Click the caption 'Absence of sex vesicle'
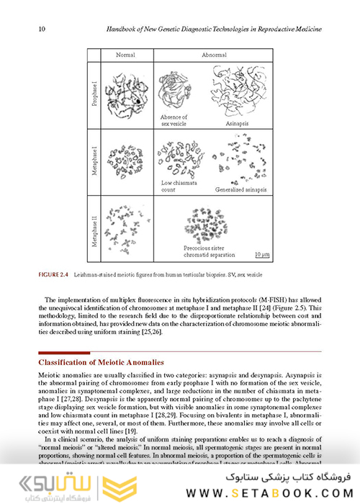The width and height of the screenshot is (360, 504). (174, 120)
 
